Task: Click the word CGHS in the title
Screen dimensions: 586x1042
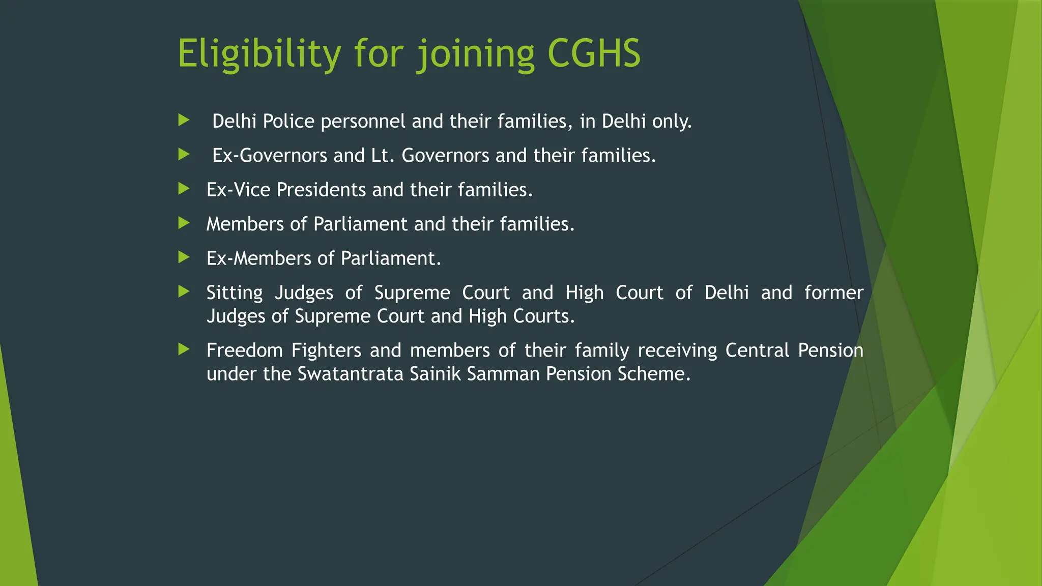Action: pos(594,53)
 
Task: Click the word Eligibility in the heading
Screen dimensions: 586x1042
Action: pos(259,53)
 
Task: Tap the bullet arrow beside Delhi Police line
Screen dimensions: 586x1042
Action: pos(184,121)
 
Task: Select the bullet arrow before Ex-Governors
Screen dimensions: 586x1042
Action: pos(184,155)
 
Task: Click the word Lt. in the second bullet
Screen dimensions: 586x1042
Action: pos(383,156)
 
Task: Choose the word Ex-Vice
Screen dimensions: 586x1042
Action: pos(238,190)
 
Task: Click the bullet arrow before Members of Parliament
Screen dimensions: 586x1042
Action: pos(184,223)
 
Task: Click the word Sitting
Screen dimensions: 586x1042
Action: pos(235,294)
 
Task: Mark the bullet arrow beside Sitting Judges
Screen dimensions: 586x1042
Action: pos(184,291)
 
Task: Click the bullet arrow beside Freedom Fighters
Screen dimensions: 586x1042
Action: pos(184,349)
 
